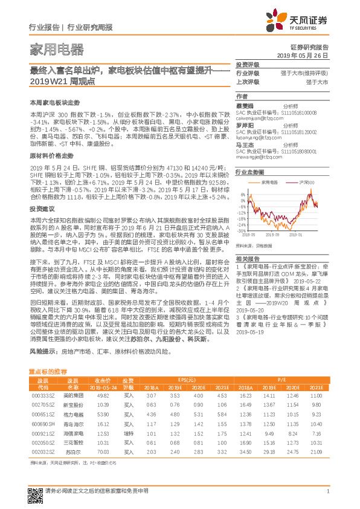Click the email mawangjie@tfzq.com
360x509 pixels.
point(259,157)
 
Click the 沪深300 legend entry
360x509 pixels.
point(307,183)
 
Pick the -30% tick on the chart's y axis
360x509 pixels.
point(241,231)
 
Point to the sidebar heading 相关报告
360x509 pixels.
point(247,257)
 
